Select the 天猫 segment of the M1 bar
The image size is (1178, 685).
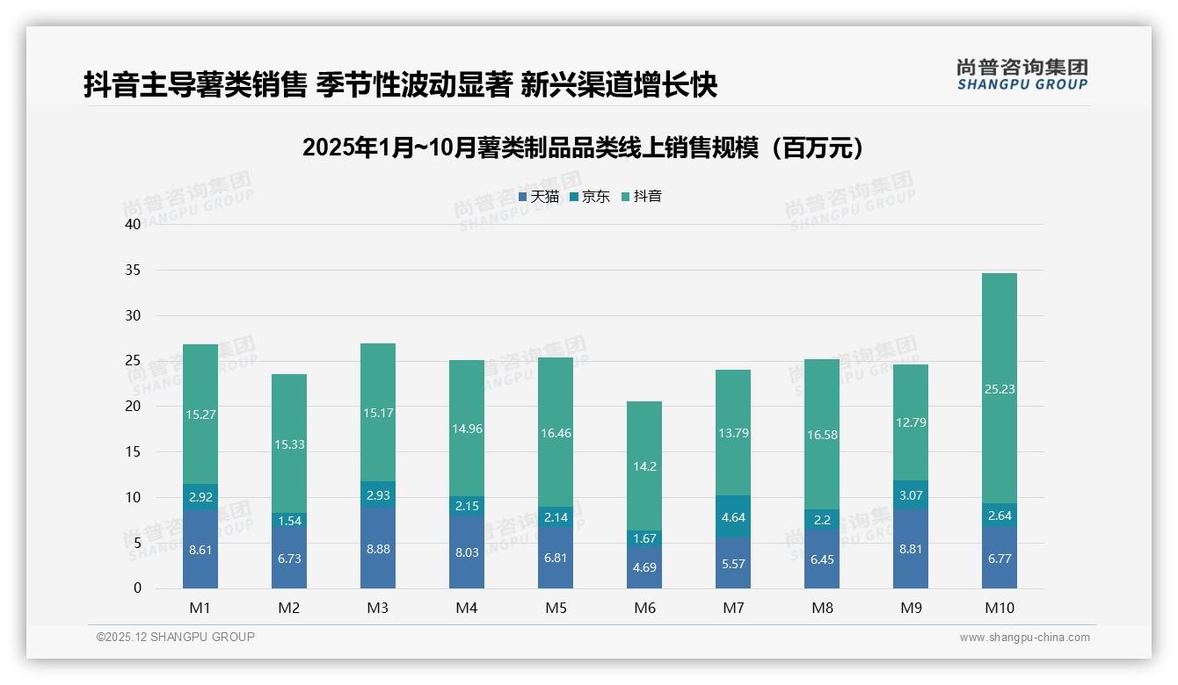(x=200, y=549)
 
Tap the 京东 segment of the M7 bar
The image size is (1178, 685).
(x=733, y=516)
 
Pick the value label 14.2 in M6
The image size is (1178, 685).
(x=644, y=466)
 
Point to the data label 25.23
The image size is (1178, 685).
(x=999, y=389)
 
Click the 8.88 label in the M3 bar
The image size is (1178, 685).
(x=377, y=558)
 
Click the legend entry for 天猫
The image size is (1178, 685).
(x=539, y=196)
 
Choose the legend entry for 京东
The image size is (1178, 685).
(x=590, y=196)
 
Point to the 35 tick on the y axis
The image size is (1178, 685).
(x=133, y=270)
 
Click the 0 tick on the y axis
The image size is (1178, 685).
(x=137, y=588)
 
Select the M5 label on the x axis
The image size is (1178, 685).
(x=556, y=608)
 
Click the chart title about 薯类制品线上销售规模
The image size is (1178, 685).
(x=582, y=148)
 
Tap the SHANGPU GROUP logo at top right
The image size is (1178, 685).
(x=1022, y=75)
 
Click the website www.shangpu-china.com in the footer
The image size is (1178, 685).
(x=1024, y=638)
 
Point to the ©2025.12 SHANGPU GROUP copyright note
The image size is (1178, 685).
(x=176, y=638)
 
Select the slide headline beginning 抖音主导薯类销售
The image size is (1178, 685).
(x=400, y=84)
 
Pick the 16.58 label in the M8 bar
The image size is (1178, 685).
(x=821, y=435)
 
